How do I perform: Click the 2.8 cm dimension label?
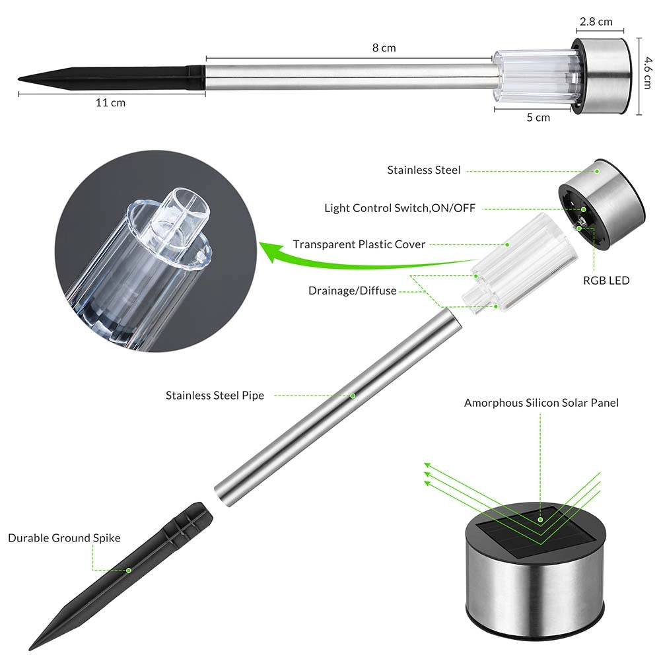click(x=596, y=22)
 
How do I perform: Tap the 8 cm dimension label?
click(x=384, y=48)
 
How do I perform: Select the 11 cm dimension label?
click(x=110, y=103)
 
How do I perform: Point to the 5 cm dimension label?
click(x=538, y=118)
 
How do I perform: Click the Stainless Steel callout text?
click(x=424, y=170)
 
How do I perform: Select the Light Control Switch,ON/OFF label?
click(x=400, y=208)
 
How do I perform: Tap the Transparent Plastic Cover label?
click(x=359, y=244)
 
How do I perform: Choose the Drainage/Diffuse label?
click(x=353, y=291)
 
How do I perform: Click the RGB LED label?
click(x=606, y=281)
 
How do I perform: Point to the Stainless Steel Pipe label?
click(x=215, y=396)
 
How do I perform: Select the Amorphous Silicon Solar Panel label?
click(x=541, y=403)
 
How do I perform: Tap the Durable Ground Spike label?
click(x=64, y=538)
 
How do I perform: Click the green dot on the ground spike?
click(x=129, y=571)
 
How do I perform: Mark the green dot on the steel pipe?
click(x=353, y=396)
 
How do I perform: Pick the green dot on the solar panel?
click(x=540, y=520)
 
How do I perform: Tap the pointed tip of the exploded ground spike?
click(x=30, y=650)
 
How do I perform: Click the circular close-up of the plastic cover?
click(x=156, y=251)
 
